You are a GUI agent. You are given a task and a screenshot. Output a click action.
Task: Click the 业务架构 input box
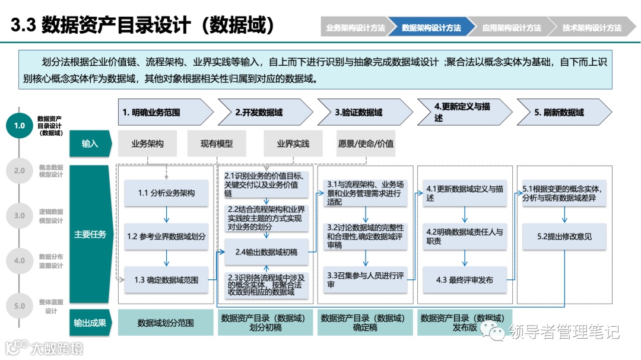147,144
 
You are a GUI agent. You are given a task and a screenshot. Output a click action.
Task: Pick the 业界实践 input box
293,144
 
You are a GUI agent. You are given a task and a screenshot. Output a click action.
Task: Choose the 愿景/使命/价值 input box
366,144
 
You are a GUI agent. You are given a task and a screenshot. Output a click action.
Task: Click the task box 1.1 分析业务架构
166,193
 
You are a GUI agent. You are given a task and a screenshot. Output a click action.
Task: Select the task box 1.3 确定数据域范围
166,280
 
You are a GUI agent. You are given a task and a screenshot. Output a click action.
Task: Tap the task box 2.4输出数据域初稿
266,252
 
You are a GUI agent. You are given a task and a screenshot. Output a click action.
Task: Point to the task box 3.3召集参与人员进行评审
365,280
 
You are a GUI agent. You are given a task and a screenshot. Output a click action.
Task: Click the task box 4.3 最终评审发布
465,280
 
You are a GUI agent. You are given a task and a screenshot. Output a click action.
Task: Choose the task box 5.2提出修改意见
564,236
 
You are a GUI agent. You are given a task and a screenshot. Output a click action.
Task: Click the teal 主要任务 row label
90,234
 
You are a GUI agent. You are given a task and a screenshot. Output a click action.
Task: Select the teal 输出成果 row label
90,323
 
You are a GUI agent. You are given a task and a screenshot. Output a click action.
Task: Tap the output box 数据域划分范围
166,323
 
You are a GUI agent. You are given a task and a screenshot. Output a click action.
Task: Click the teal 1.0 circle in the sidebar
20,126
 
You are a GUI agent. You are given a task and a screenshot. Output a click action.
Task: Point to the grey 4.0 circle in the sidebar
20,261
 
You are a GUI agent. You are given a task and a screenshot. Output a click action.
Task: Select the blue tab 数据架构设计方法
431,28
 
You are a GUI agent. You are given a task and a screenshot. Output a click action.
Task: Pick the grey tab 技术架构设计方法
591,28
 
